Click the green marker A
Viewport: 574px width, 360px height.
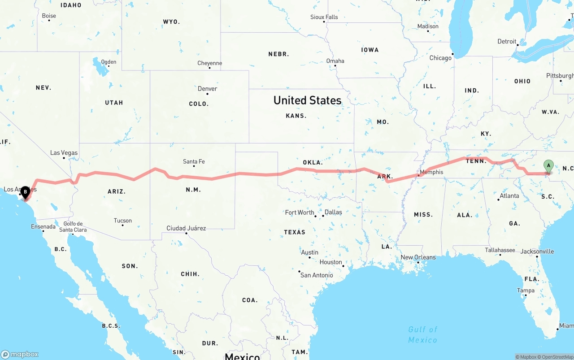pyautogui.click(x=548, y=166)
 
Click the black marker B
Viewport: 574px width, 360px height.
pyautogui.click(x=25, y=192)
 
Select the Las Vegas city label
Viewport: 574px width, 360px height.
pyautogui.click(x=64, y=153)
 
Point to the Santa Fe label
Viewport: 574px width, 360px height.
pyautogui.click(x=194, y=161)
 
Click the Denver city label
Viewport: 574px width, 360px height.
pyautogui.click(x=207, y=89)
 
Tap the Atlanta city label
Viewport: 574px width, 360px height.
pyautogui.click(x=509, y=196)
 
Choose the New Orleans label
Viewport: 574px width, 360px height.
pyautogui.click(x=418, y=257)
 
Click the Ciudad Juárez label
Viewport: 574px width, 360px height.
pyautogui.click(x=186, y=228)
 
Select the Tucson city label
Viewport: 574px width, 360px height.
pyautogui.click(x=122, y=221)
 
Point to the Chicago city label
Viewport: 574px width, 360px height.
pyautogui.click(x=440, y=58)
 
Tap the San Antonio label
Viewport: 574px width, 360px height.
pyautogui.click(x=317, y=275)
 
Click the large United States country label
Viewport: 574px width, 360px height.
pyautogui.click(x=308, y=100)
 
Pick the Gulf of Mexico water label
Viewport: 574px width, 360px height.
pyautogui.click(x=422, y=334)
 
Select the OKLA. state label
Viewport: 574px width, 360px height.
pyautogui.click(x=313, y=162)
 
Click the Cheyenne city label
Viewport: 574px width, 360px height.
pyautogui.click(x=209, y=63)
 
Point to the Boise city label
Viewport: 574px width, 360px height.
pyautogui.click(x=49, y=16)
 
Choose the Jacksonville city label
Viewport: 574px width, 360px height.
pyautogui.click(x=537, y=252)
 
